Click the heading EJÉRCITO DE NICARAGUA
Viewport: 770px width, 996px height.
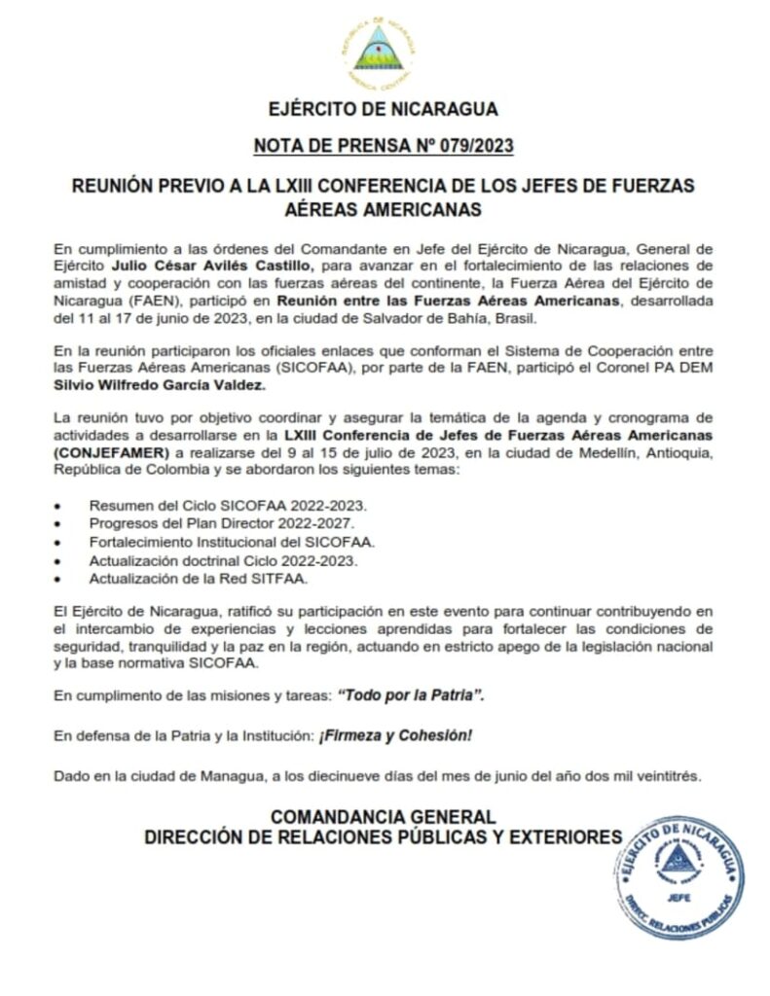(384, 109)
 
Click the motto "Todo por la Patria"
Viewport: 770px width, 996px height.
(411, 697)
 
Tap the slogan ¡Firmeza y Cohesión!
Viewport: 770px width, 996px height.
(395, 736)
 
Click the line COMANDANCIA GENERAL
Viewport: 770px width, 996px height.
(383, 817)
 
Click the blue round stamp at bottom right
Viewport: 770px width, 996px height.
(679, 876)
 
